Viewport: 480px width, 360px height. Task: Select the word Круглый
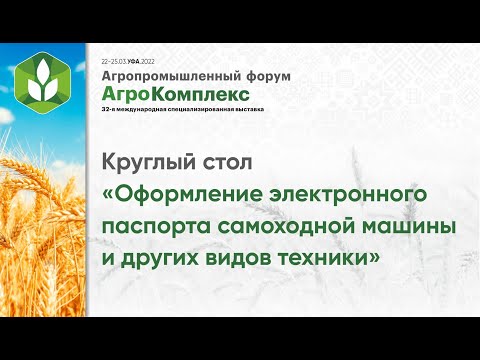point(146,162)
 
